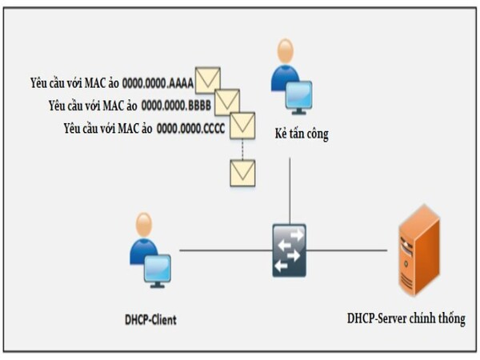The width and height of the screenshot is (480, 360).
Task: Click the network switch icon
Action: (289, 250)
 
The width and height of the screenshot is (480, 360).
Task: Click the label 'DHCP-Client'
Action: (151, 319)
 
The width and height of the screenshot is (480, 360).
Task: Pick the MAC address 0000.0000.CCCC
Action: (192, 127)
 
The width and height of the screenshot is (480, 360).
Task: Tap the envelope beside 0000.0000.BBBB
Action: (227, 102)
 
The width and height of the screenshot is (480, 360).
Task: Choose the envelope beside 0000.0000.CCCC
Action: (242, 126)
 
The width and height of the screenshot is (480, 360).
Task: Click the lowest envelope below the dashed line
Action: (242, 172)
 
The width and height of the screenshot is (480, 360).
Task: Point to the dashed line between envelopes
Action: (242, 149)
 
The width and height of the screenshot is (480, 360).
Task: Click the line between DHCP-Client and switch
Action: (224, 250)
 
